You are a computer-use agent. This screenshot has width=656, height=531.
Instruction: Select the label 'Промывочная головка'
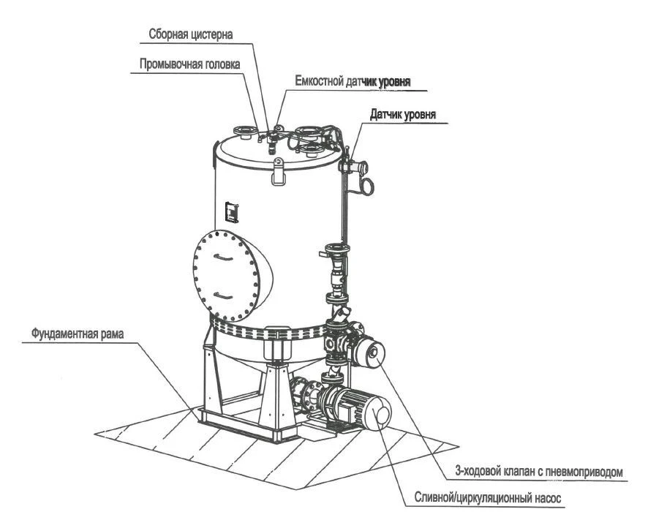pos(189,64)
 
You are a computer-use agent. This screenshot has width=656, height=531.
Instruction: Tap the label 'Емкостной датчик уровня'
pos(352,81)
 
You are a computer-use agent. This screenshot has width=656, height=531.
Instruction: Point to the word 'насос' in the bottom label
pos(548,500)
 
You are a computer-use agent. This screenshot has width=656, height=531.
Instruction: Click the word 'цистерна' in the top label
pos(214,34)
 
